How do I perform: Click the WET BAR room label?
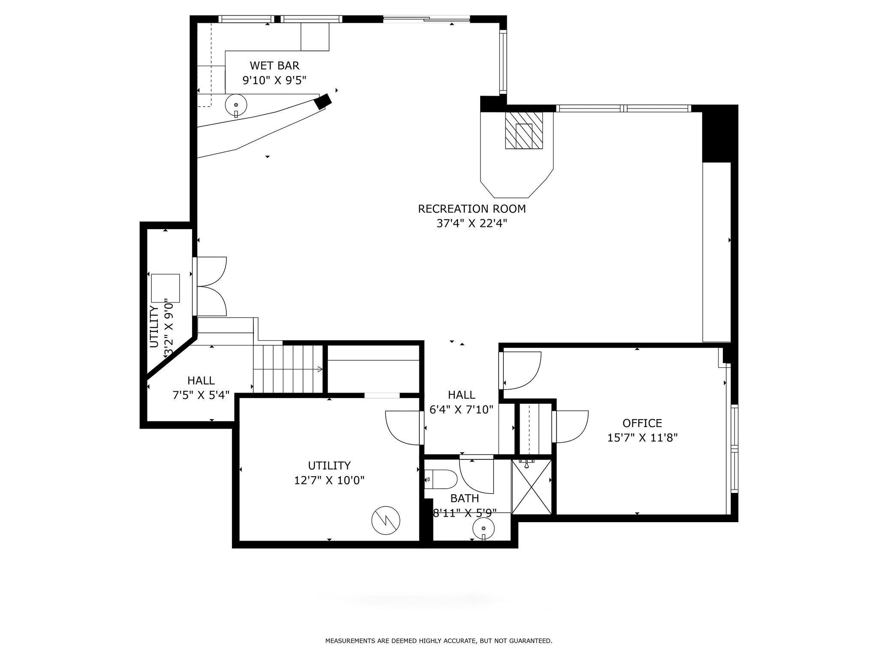[274, 66]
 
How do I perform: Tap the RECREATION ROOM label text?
[472, 209]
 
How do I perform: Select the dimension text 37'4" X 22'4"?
[472, 224]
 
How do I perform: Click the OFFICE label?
[642, 423]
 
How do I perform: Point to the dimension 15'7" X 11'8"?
[642, 438]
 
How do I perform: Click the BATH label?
[465, 499]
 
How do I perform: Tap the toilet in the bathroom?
[441, 479]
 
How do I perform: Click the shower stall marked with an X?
[532, 487]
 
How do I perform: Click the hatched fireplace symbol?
[524, 130]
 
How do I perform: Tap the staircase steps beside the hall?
[288, 369]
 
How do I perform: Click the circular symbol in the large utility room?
[385, 521]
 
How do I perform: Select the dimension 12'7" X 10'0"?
[329, 480]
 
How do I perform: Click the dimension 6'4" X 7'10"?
[462, 410]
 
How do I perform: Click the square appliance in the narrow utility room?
[165, 288]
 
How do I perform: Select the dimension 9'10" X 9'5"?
[274, 80]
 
